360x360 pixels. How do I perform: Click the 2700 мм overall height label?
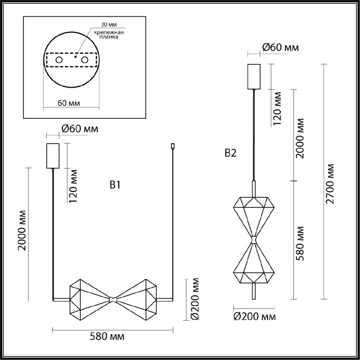[330, 184]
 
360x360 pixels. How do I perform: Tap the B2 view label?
[230, 153]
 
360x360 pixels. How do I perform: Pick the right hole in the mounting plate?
[85, 60]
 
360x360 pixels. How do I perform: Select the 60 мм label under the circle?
[69, 103]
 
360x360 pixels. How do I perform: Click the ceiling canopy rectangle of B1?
[53, 156]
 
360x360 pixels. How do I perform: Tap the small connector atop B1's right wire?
[172, 146]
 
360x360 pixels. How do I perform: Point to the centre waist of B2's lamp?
[254, 240]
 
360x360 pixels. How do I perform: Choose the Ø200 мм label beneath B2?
[254, 316]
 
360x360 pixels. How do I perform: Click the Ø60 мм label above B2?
[280, 47]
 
